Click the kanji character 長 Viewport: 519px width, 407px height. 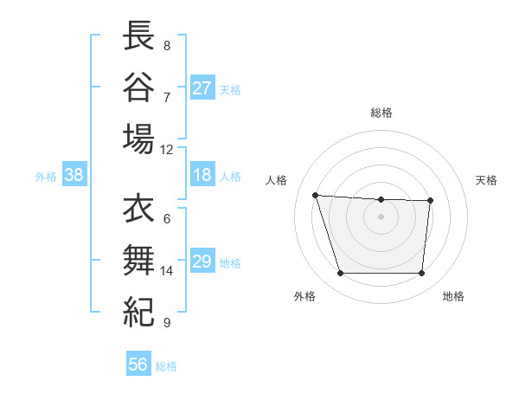coord(138,36)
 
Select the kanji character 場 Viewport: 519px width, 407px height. coord(138,139)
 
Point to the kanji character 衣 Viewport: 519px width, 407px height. coord(138,210)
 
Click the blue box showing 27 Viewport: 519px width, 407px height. coord(202,88)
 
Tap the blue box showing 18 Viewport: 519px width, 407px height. coord(202,176)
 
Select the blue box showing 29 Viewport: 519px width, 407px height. coord(202,262)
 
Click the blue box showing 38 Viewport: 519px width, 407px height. coord(74,176)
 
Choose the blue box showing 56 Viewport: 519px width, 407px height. coord(138,365)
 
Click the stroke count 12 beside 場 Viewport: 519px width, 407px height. coord(167,149)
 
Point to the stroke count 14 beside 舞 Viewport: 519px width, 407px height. coord(167,271)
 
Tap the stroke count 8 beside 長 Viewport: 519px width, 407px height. coord(167,45)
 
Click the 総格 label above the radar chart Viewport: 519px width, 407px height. coord(381,113)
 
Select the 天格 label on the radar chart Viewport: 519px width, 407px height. coord(486,180)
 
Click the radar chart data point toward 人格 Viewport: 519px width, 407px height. coord(316,195)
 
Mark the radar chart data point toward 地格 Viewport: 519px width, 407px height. coord(421,274)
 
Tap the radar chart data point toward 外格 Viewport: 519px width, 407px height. coord(340,274)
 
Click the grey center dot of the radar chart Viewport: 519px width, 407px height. coord(381,216)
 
